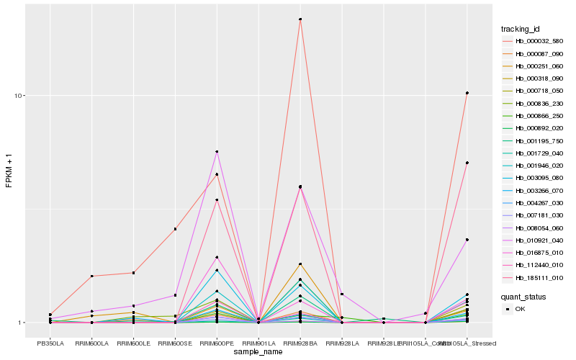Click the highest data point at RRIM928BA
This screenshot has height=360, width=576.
click(x=300, y=19)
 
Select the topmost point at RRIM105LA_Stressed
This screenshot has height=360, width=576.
click(x=467, y=93)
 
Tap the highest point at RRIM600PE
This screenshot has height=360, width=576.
click(x=217, y=152)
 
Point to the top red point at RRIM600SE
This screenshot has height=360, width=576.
click(x=175, y=229)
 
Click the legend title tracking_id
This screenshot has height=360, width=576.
click(x=521, y=29)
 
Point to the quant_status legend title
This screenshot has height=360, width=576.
click(x=523, y=296)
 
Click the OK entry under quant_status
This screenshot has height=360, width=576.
click(x=520, y=308)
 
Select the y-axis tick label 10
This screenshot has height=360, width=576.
click(x=20, y=96)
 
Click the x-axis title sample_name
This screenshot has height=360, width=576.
click(x=258, y=352)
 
